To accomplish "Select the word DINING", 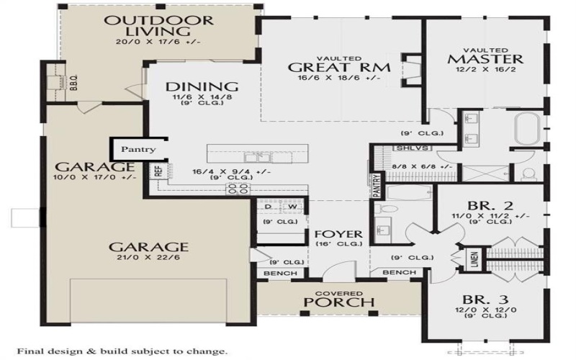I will coord(192,87).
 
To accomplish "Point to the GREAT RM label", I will coord(339,68).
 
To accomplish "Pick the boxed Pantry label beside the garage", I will coord(138,150).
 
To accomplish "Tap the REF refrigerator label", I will coord(157,171).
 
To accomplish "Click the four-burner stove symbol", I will coord(238,189).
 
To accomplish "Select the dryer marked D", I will coord(268,207).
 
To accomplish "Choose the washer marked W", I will coord(293,207).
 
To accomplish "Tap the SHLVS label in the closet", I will coord(404,148).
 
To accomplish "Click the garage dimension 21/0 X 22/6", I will coord(149,258).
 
